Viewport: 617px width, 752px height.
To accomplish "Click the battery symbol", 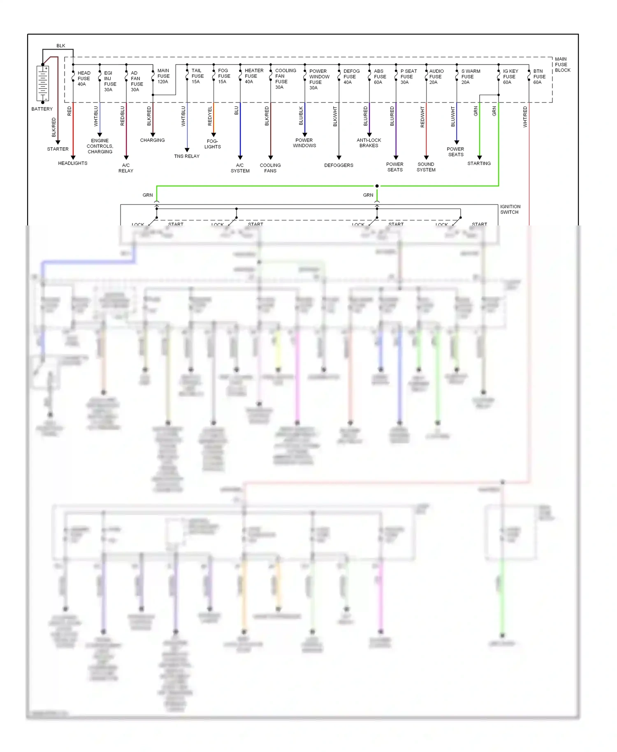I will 43,84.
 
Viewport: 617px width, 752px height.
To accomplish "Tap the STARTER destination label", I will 58,149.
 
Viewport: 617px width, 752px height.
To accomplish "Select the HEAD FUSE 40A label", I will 84,79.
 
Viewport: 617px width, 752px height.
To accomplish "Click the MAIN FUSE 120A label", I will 163,76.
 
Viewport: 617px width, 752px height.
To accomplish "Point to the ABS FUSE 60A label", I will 380,77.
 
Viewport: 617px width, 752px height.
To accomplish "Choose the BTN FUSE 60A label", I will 539,77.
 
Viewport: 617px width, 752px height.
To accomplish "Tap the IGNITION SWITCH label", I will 510,209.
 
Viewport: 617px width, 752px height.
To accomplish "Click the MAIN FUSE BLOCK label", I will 562,65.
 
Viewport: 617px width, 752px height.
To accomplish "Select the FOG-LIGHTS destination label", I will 213,144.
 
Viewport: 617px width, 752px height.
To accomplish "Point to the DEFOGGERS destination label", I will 339,165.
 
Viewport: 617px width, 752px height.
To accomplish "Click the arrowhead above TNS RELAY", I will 187,150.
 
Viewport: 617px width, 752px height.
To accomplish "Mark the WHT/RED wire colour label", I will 525,117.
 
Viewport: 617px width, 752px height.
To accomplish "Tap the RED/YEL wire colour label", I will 210,116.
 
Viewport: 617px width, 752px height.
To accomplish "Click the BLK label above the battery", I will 61,46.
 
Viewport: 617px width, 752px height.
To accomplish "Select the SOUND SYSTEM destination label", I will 426,167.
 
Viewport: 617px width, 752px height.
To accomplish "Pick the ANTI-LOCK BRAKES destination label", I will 369,143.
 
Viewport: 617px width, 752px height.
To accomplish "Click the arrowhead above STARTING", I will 480,157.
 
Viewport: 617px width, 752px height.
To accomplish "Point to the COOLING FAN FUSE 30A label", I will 285,79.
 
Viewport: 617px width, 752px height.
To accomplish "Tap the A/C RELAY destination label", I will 126,168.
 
